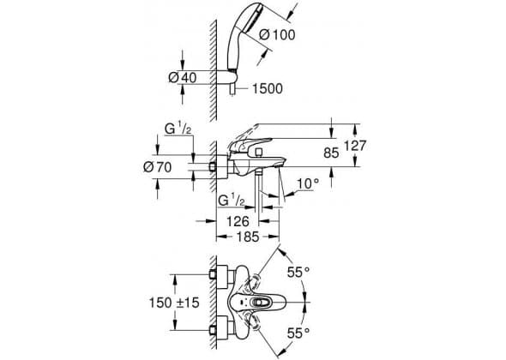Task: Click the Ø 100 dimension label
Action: [277, 34]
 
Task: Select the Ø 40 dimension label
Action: [183, 77]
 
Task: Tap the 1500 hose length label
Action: [268, 88]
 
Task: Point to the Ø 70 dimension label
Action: [158, 167]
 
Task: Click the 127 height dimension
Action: [355, 146]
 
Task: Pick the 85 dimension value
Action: [331, 153]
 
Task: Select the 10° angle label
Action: [308, 184]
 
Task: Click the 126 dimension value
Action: [238, 221]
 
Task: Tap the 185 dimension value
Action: [248, 237]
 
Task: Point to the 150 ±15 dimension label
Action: [174, 303]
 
